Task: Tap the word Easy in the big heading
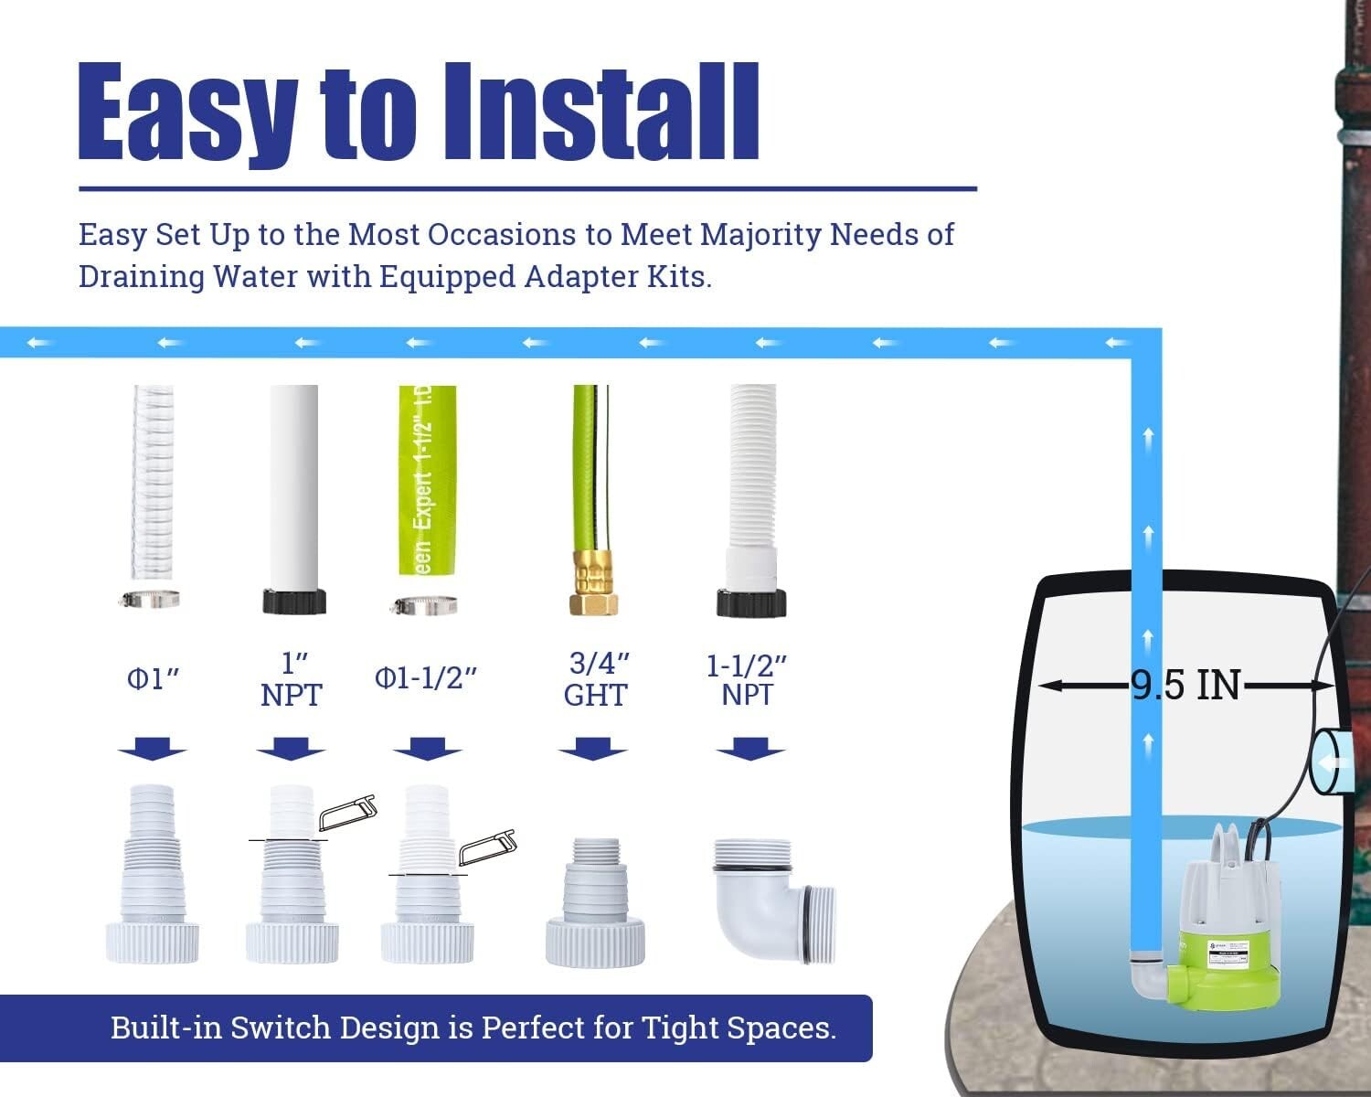[187, 114]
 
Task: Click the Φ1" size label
[153, 679]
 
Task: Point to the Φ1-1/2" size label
[426, 679]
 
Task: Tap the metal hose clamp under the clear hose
[150, 600]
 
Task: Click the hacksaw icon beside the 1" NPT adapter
[347, 809]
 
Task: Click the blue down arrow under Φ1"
[152, 749]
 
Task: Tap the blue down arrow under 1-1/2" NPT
[750, 749]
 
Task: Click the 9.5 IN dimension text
[1185, 685]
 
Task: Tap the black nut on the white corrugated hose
[751, 602]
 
